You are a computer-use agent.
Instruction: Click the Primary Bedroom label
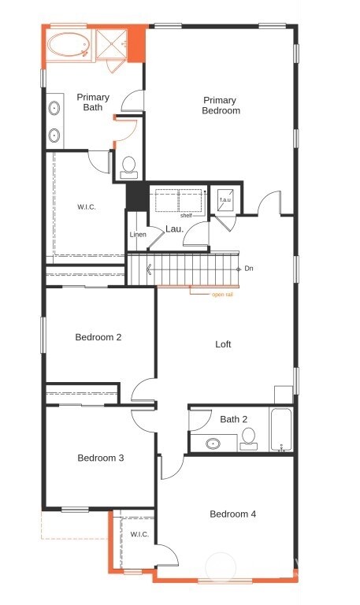click(221, 106)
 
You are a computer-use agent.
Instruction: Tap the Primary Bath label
click(93, 102)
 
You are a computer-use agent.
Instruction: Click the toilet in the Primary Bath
click(129, 166)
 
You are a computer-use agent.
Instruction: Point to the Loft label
click(223, 344)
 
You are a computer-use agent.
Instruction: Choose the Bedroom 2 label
click(98, 338)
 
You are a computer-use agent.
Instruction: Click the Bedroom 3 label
click(100, 458)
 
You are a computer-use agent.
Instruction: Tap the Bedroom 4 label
click(232, 514)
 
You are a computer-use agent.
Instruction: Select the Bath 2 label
click(234, 419)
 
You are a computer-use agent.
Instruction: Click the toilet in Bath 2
click(249, 437)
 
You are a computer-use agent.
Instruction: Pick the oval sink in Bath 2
click(213, 444)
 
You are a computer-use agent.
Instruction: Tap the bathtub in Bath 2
click(281, 430)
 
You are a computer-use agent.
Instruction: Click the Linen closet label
click(137, 235)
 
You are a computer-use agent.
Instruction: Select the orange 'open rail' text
click(222, 295)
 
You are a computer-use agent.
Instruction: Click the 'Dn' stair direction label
click(249, 269)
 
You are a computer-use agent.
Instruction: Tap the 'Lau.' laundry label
click(174, 229)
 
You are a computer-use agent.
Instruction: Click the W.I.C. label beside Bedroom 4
click(139, 534)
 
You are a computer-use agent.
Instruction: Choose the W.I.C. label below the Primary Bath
click(87, 207)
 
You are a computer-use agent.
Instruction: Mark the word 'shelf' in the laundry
click(186, 215)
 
